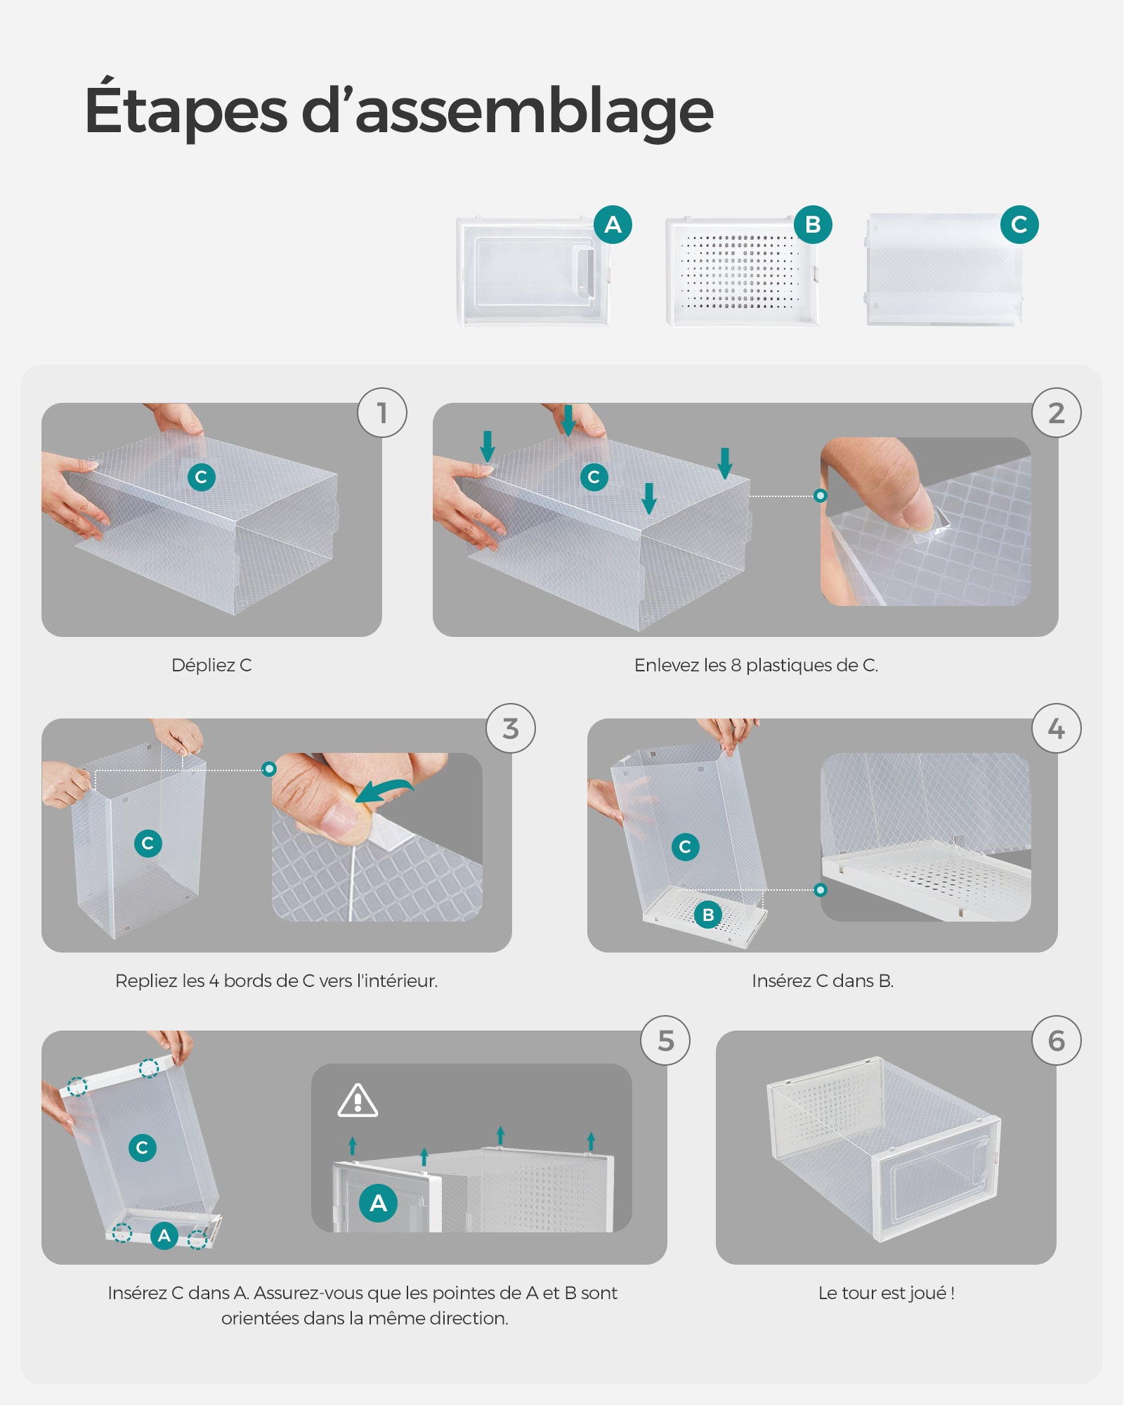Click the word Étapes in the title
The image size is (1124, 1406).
tap(186, 111)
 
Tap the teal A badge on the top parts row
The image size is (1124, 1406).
tap(613, 224)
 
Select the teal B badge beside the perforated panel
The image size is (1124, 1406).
tap(813, 224)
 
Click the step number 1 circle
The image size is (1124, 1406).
tap(382, 413)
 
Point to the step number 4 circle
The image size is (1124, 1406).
tap(1056, 728)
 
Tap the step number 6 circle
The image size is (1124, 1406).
tap(1056, 1040)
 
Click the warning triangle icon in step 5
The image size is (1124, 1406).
tap(358, 1101)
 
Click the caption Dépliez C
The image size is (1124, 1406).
tap(211, 665)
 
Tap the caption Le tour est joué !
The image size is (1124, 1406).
tap(886, 1293)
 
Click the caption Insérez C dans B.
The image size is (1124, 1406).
tap(822, 981)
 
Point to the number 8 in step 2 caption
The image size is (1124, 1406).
tap(736, 665)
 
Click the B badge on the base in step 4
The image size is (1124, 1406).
tap(708, 915)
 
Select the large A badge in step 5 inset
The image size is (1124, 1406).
tap(378, 1203)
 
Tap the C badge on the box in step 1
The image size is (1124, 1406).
tap(201, 477)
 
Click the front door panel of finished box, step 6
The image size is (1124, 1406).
tap(934, 1188)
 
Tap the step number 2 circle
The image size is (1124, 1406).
tap(1056, 413)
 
